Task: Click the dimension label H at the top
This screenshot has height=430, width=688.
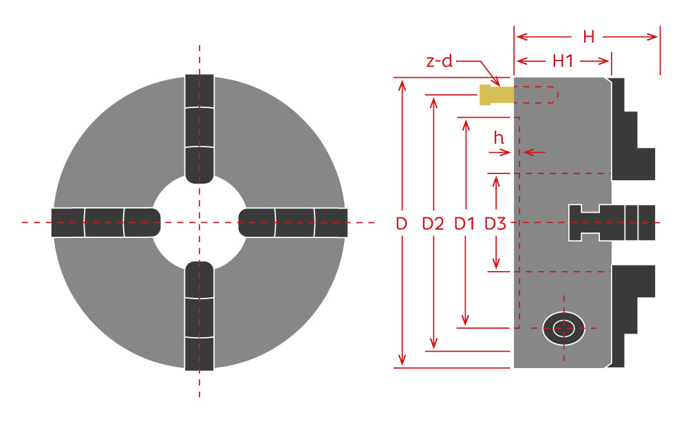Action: [588, 37]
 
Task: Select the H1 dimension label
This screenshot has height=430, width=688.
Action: [563, 61]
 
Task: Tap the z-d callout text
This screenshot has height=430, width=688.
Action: [439, 61]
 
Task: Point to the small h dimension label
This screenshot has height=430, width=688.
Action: [499, 138]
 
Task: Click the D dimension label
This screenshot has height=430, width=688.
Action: [402, 224]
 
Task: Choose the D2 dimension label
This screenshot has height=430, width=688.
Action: [433, 224]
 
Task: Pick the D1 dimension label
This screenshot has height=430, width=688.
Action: [464, 224]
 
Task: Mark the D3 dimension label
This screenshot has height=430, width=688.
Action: [495, 224]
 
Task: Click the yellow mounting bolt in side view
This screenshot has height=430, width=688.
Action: [496, 95]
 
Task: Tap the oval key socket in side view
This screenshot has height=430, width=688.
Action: [564, 328]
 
